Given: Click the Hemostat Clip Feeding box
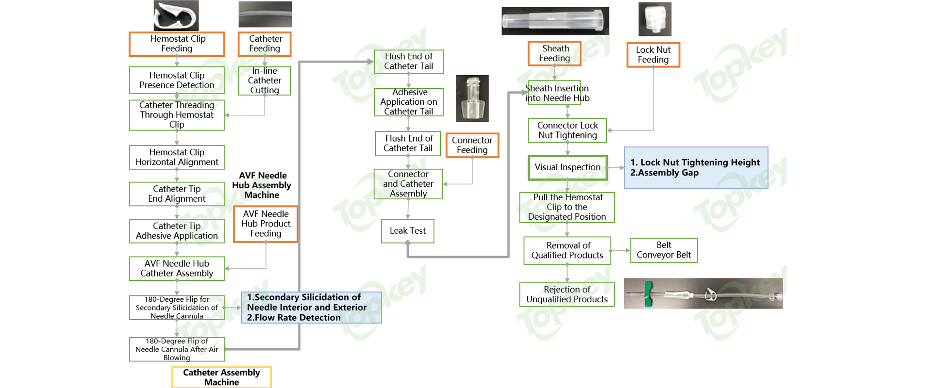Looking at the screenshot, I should click(x=177, y=44).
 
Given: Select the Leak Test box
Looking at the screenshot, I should click(x=408, y=231).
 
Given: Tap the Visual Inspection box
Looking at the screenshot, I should click(x=567, y=167).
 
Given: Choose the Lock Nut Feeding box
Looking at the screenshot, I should click(x=653, y=55).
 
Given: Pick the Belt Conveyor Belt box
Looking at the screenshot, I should click(x=664, y=250).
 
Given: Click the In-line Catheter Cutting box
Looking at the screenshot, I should click(x=265, y=81).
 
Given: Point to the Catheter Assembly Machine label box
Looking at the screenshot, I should click(x=221, y=377).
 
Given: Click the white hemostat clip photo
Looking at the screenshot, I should click(x=176, y=16).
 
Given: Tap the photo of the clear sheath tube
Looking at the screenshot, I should click(x=555, y=21).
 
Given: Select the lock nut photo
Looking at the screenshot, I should click(x=655, y=19).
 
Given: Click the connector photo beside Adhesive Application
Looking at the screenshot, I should click(x=472, y=98).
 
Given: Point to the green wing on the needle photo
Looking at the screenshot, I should click(x=649, y=294).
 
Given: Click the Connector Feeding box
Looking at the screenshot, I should click(x=472, y=145).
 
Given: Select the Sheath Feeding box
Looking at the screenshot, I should click(x=555, y=53).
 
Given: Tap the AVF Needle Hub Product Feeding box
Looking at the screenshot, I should click(x=266, y=224).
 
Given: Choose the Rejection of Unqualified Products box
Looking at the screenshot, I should click(x=567, y=294).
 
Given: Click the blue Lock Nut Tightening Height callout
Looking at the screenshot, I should click(x=696, y=168).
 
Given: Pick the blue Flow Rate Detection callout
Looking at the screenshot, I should click(x=311, y=307).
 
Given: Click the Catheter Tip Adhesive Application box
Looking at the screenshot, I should click(x=177, y=231).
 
